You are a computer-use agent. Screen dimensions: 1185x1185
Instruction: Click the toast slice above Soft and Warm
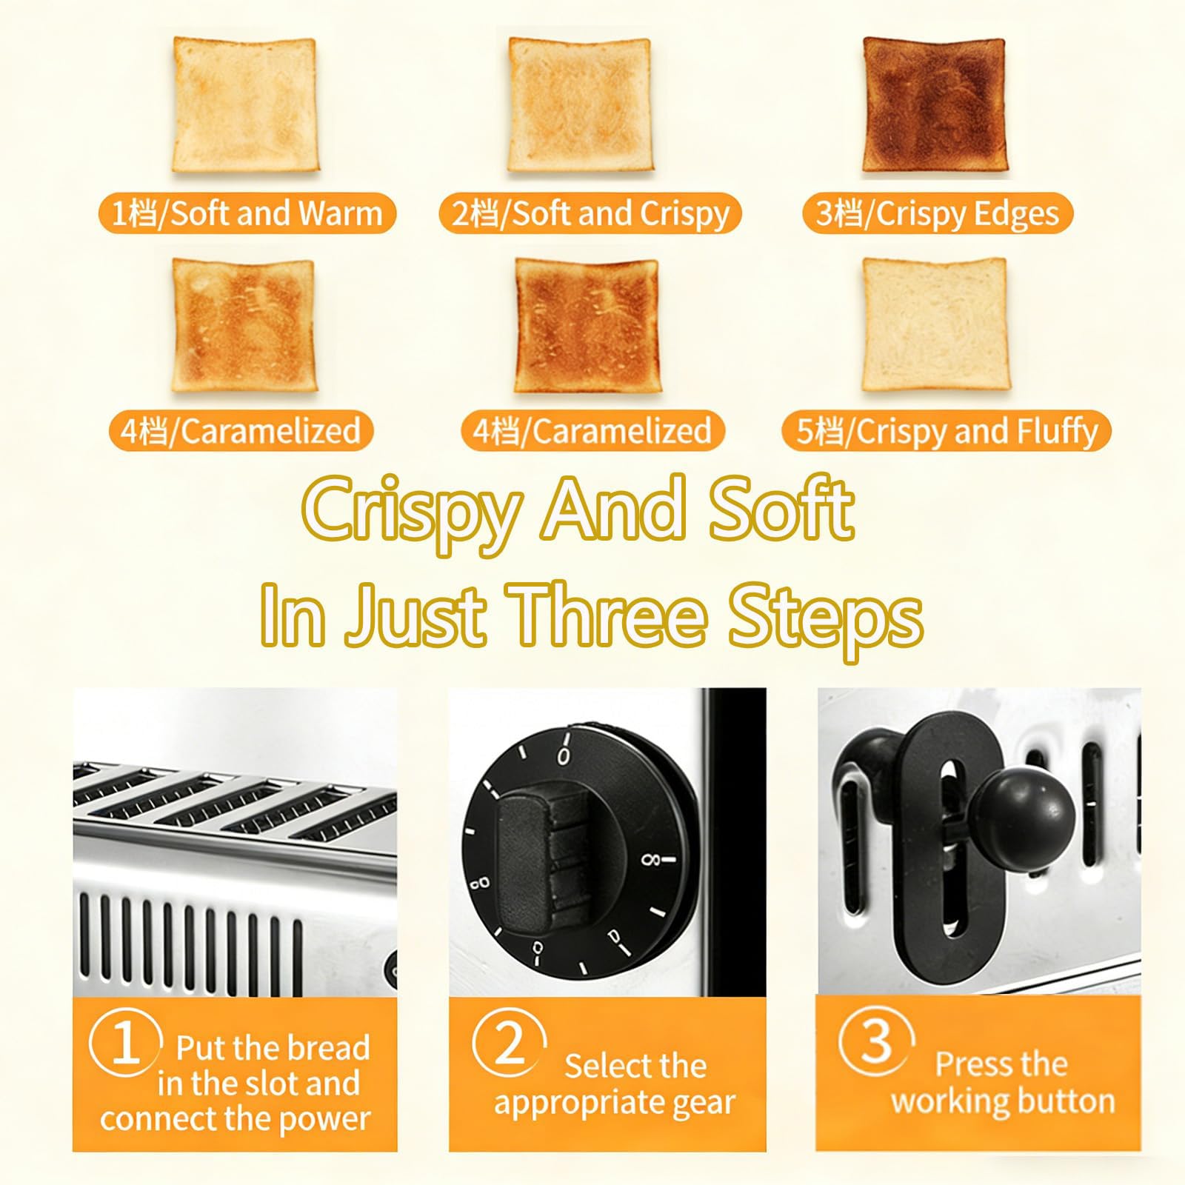244,105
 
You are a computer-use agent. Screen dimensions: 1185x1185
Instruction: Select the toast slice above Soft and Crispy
580,105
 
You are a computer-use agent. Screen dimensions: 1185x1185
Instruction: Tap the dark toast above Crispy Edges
935,105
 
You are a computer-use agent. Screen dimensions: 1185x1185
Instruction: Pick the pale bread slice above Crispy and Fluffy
935,324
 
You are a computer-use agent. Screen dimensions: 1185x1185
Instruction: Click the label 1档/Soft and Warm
247,213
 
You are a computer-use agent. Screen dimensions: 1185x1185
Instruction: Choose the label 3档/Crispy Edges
938,213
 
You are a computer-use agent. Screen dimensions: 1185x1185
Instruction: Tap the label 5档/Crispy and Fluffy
947,432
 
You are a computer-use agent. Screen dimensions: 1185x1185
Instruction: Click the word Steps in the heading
825,615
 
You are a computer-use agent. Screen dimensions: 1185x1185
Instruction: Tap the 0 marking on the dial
564,756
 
